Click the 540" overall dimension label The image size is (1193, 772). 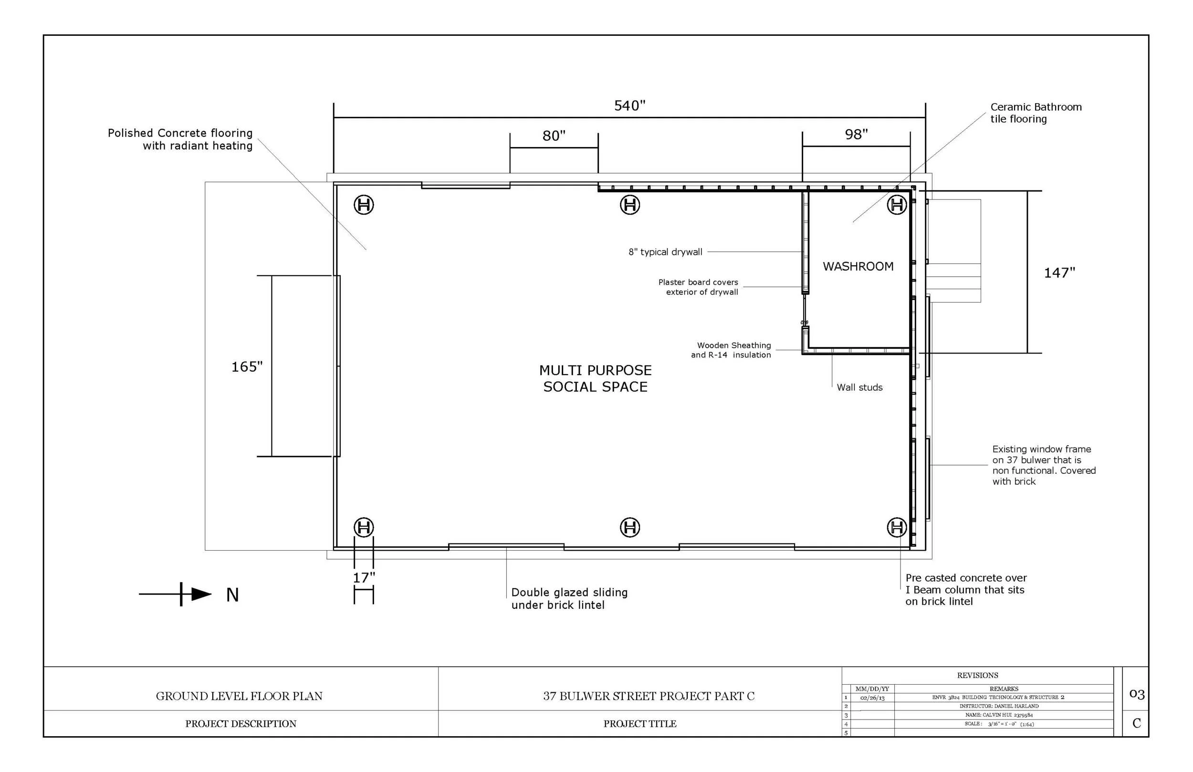click(x=629, y=106)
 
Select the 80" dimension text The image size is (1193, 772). click(x=554, y=136)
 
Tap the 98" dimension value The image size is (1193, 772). click(x=856, y=135)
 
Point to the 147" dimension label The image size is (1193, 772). click(x=1059, y=273)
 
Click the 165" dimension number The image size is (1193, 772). click(x=247, y=367)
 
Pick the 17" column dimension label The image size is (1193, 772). click(x=364, y=578)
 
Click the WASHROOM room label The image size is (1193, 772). click(x=858, y=267)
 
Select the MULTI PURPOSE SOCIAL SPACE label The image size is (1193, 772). click(x=595, y=378)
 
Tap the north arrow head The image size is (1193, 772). click(x=201, y=594)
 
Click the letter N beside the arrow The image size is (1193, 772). click(x=232, y=595)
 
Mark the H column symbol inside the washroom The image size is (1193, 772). click(x=897, y=205)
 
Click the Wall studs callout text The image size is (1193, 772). click(x=859, y=387)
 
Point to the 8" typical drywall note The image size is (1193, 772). click(x=665, y=252)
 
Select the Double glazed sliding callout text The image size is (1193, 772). click(x=569, y=598)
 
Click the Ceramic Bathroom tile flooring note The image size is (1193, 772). click(x=1035, y=113)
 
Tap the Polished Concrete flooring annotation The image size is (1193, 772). click(x=180, y=139)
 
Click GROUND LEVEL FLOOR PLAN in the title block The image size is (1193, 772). click(x=239, y=696)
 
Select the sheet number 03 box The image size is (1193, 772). click(x=1136, y=694)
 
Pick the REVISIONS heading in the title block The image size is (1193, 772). click(x=977, y=675)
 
